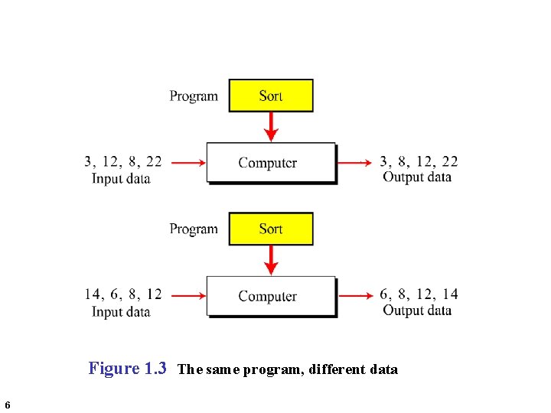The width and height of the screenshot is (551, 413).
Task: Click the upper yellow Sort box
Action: click(271, 96)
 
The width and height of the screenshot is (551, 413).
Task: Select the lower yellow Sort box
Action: click(271, 229)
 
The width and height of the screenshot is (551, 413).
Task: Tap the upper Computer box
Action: click(271, 162)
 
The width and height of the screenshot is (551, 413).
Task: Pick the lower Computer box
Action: click(271, 296)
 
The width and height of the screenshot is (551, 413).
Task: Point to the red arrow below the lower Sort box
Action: click(270, 260)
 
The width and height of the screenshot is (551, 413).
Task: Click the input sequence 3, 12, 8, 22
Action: click(123, 161)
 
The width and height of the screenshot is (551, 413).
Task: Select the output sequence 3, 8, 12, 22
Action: click(419, 161)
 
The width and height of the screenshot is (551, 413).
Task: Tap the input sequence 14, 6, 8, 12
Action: click(123, 294)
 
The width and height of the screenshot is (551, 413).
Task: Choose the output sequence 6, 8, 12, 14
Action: click(419, 294)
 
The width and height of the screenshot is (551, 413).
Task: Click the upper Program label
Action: click(194, 96)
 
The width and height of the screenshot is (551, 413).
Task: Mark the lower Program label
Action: click(194, 229)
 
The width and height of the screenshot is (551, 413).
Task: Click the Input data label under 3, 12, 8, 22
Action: click(121, 179)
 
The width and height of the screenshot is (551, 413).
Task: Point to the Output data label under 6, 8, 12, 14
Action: click(417, 311)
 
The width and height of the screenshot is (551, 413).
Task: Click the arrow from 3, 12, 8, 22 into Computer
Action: click(188, 162)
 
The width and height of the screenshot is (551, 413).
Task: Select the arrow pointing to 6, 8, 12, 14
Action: click(356, 295)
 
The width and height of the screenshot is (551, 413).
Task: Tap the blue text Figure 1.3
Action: click(128, 369)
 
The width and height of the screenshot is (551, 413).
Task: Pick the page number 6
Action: click(7, 405)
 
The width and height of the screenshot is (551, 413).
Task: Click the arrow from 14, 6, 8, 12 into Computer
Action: click(188, 295)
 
